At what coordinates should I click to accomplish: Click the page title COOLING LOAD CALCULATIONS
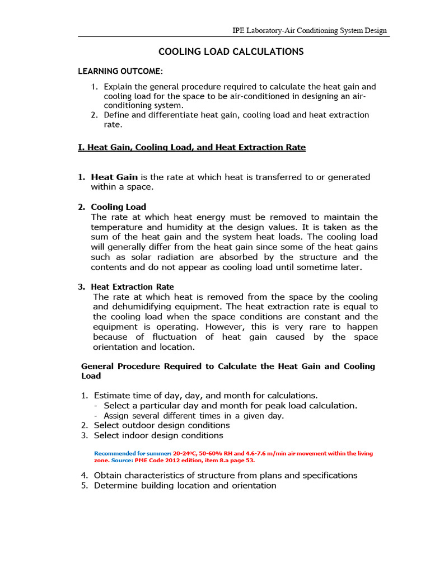[x=231, y=51]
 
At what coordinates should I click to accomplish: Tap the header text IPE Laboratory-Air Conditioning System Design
[x=309, y=30]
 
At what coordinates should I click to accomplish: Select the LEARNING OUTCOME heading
[x=120, y=72]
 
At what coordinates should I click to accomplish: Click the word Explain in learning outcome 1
[x=118, y=87]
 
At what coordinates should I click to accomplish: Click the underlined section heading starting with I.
[x=191, y=147]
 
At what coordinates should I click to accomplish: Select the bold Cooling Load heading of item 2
[x=118, y=207]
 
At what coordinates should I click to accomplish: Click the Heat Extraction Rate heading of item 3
[x=132, y=286]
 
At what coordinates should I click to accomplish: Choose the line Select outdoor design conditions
[x=161, y=425]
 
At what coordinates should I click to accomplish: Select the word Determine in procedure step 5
[x=115, y=485]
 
